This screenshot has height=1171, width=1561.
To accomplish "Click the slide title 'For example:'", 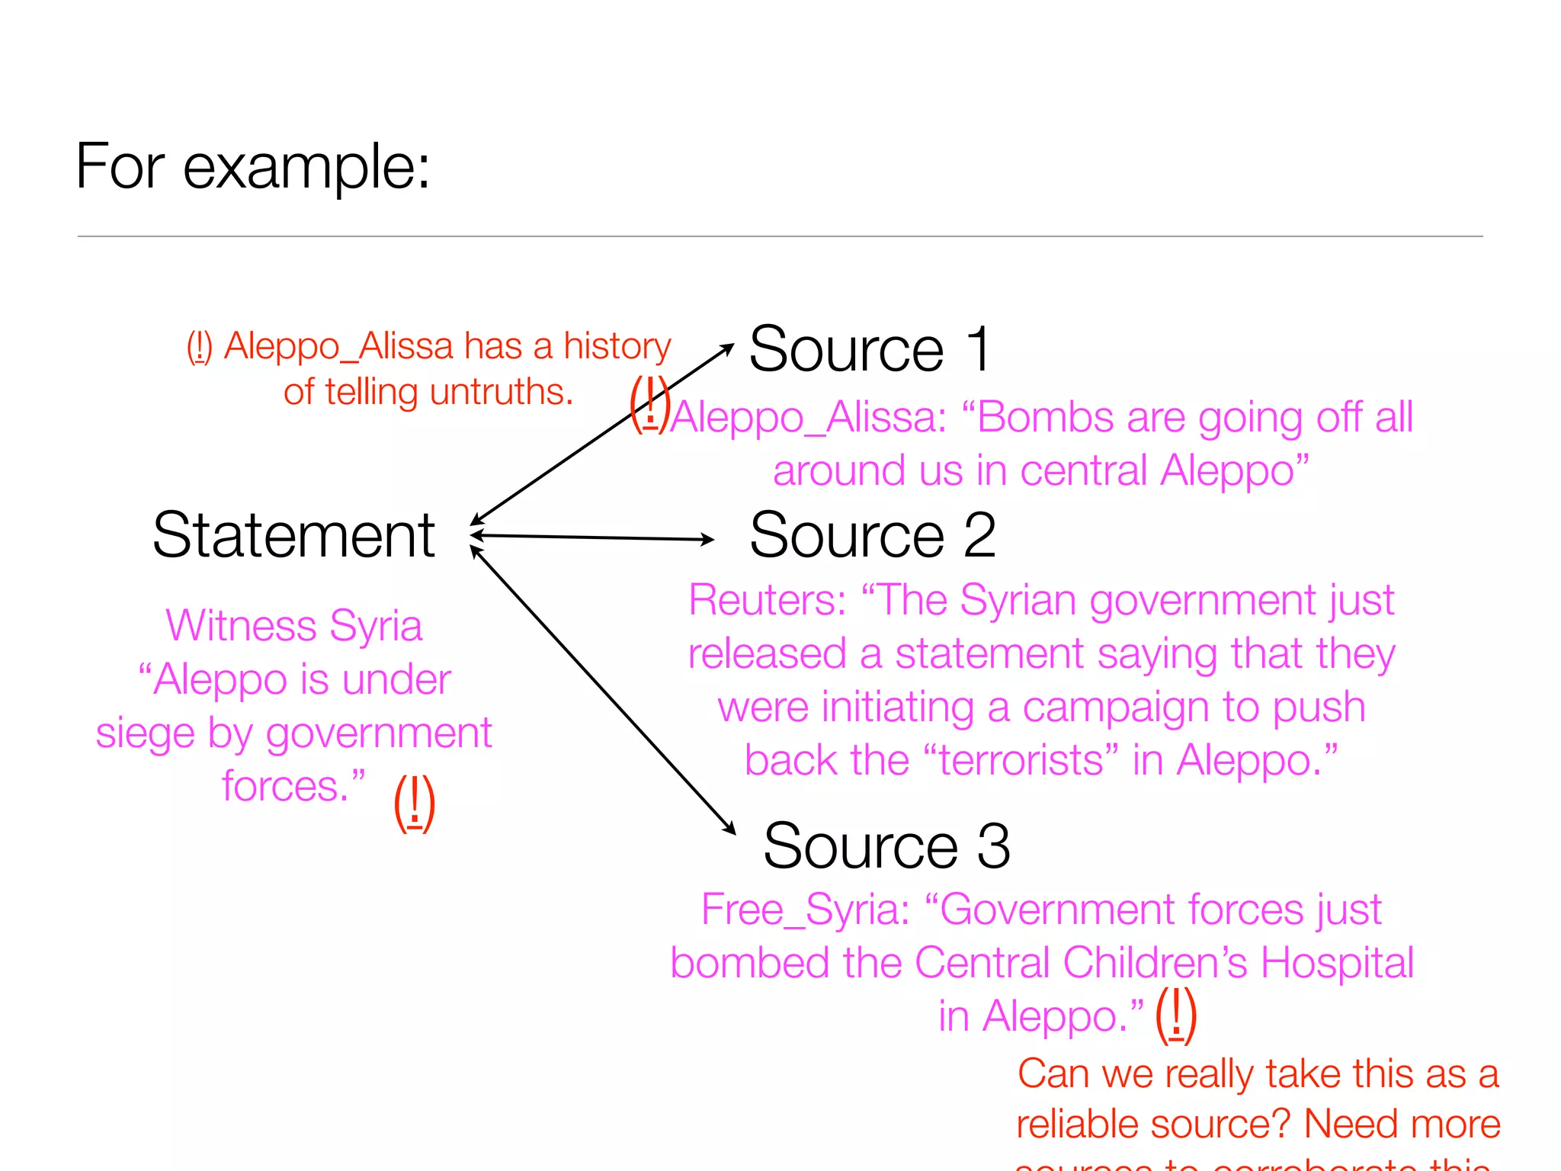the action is [252, 167].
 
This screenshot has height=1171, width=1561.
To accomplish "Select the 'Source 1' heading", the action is [870, 349].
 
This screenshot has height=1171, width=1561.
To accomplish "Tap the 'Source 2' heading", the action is [872, 535].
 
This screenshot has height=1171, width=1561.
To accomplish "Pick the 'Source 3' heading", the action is [886, 846].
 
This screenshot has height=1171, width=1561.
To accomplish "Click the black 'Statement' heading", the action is [293, 535].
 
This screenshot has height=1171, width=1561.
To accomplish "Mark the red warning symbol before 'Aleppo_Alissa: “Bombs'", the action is [649, 404].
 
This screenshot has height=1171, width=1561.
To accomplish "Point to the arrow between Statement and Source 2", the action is [593, 537].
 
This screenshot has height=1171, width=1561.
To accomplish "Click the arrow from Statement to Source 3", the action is [602, 691].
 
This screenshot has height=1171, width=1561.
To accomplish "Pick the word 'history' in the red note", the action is [617, 346].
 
